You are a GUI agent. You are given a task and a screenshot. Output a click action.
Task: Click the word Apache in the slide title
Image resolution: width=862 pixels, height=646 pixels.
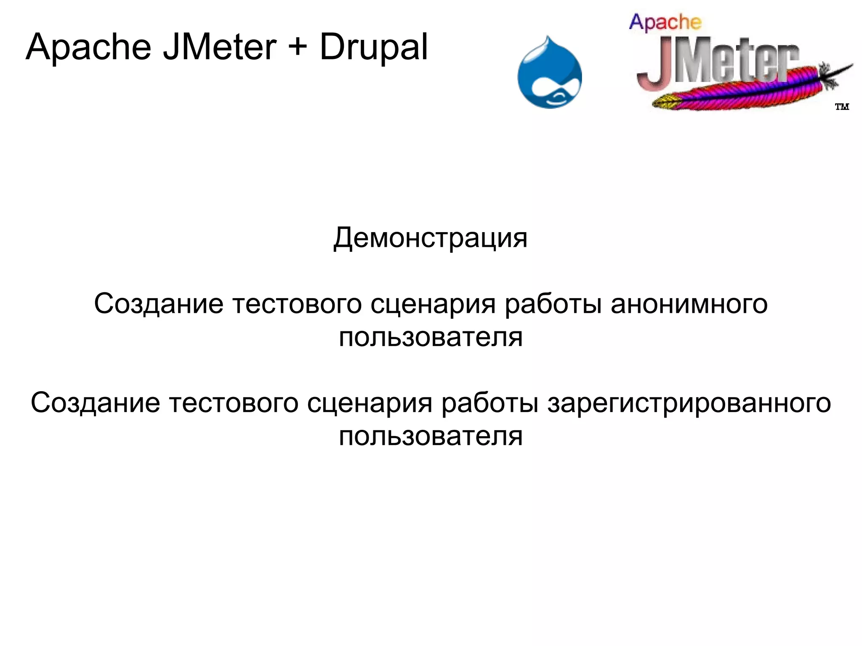click(88, 47)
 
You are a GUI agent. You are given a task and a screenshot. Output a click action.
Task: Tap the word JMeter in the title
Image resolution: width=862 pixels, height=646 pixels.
click(220, 47)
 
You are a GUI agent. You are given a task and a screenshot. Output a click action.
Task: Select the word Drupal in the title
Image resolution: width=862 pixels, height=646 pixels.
click(374, 47)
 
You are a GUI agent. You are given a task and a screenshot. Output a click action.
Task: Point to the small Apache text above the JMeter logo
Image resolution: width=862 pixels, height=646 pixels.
click(665, 23)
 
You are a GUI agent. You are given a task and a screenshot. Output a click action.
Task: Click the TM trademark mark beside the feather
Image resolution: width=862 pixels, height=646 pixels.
click(842, 107)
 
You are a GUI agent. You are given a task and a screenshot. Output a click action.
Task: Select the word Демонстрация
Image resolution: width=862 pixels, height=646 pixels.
click(430, 238)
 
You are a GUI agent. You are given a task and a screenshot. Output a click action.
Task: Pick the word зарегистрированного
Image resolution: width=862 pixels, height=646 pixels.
click(689, 403)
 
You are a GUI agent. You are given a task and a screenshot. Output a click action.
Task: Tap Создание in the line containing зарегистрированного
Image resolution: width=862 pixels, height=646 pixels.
click(96, 403)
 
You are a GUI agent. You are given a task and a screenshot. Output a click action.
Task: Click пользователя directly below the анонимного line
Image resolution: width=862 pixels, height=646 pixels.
click(431, 337)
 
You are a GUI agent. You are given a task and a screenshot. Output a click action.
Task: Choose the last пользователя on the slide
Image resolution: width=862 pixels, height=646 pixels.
click(431, 437)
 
